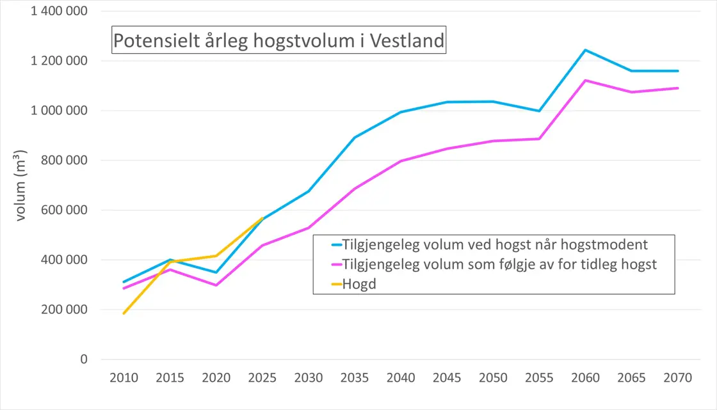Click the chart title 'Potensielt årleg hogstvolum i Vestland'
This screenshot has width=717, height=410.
(x=278, y=40)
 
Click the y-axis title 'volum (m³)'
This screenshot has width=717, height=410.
(x=20, y=185)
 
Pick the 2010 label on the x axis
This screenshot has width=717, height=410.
(x=124, y=378)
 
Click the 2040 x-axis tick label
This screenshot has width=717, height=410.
(x=401, y=378)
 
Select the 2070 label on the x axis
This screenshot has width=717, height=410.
(x=678, y=378)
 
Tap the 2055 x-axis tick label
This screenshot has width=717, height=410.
(x=539, y=378)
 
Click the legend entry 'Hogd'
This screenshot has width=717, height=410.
(x=359, y=285)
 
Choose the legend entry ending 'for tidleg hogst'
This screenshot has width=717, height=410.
(x=499, y=264)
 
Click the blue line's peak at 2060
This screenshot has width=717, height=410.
(x=585, y=50)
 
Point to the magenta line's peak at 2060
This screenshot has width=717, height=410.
(x=585, y=81)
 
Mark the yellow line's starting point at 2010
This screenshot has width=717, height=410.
(x=124, y=313)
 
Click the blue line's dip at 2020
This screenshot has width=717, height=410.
(x=216, y=272)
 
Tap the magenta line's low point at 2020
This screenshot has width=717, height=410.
(x=216, y=285)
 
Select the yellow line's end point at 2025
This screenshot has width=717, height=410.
(x=262, y=218)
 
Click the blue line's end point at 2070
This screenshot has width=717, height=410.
(x=678, y=71)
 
